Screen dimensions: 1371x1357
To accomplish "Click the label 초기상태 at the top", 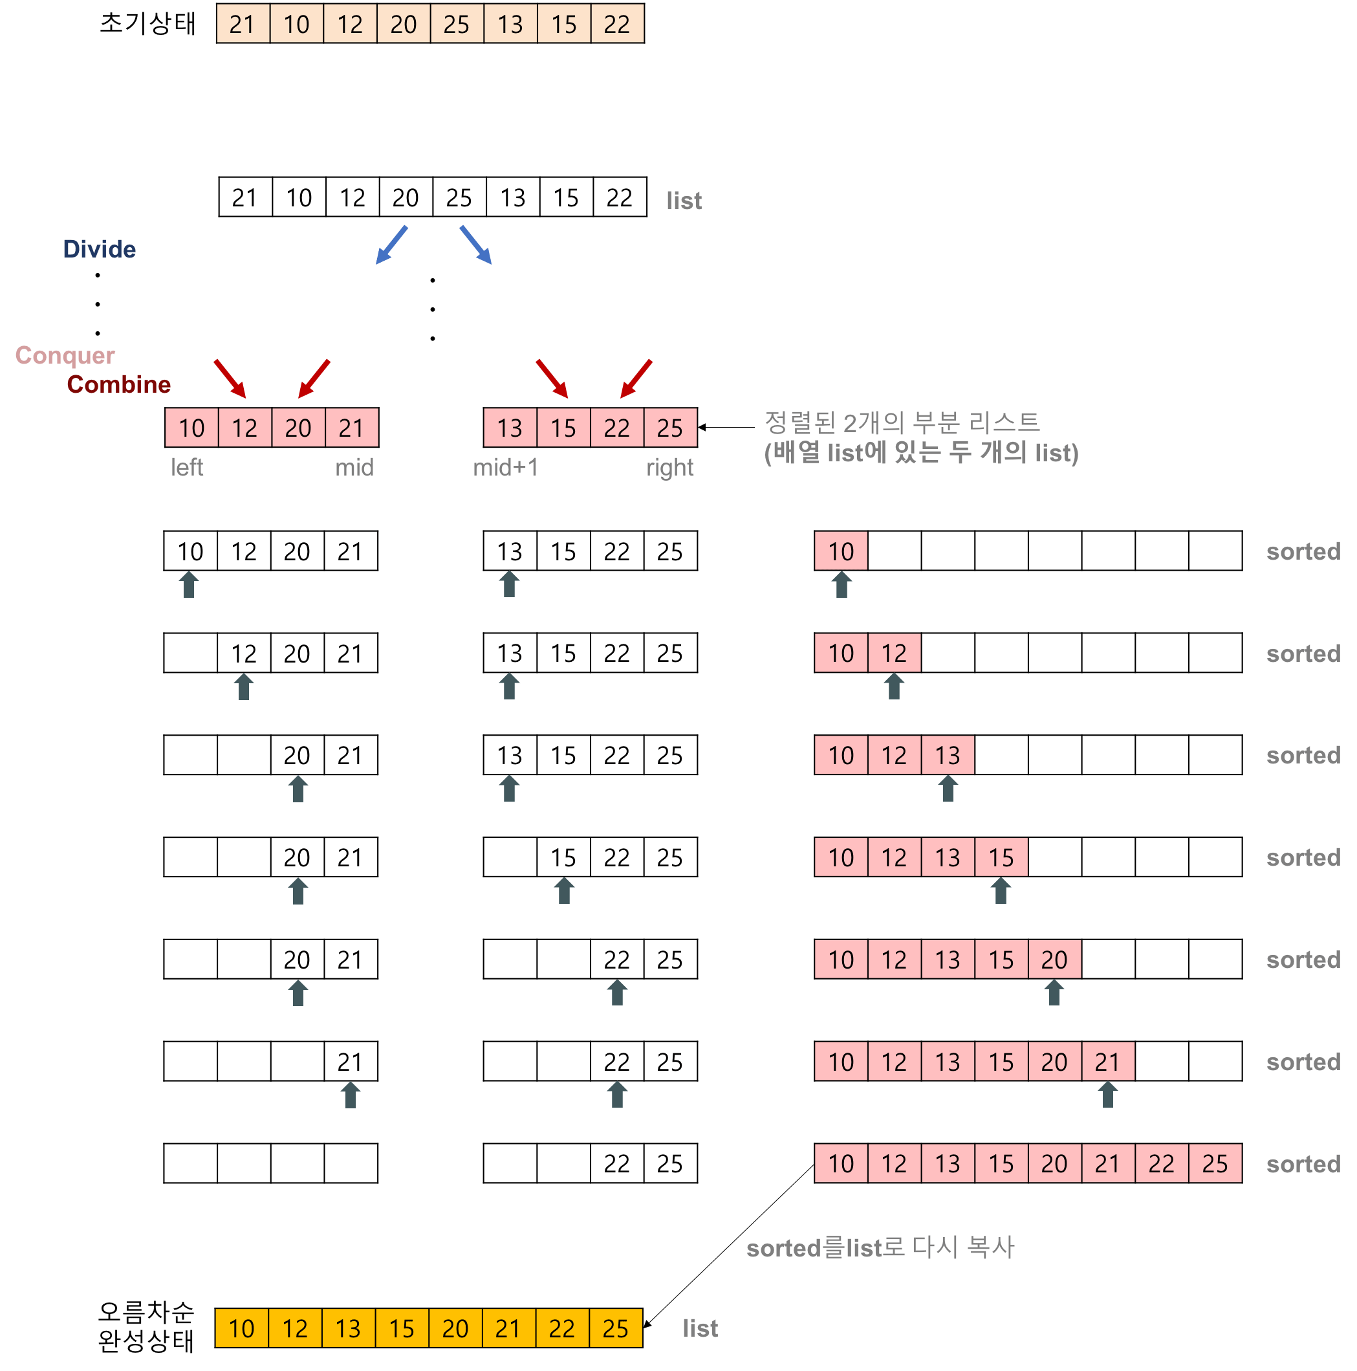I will tap(147, 23).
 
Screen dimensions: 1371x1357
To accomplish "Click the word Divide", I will tap(100, 249).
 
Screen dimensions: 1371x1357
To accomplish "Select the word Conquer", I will tap(65, 355).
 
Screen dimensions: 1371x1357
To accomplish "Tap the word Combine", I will tap(118, 384).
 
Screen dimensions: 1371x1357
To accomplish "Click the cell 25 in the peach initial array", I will tap(456, 24).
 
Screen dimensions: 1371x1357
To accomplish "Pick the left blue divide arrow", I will tap(391, 245).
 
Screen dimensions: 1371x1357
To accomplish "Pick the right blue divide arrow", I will tap(475, 245).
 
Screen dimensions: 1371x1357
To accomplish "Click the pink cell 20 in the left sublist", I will tap(298, 428).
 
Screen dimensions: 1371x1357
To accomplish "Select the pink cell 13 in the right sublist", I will tap(509, 428).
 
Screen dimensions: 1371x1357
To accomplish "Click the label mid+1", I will tap(505, 467).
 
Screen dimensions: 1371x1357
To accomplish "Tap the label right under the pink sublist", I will tap(669, 467).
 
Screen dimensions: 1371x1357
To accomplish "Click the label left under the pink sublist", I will tap(186, 467).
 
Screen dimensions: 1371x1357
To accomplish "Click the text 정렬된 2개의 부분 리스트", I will tap(902, 423).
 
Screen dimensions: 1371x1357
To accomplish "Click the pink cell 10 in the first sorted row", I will tap(841, 551).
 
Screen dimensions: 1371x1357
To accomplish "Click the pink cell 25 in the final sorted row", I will tap(1215, 1164).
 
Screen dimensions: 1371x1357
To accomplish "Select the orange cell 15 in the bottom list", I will tap(402, 1328).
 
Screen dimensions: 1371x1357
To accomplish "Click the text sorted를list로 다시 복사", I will tap(880, 1247).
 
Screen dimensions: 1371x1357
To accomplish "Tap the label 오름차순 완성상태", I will tap(146, 1327).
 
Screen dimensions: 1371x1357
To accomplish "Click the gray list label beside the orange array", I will tap(699, 1328).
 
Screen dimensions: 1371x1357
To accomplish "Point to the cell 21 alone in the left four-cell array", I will tap(351, 1062).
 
